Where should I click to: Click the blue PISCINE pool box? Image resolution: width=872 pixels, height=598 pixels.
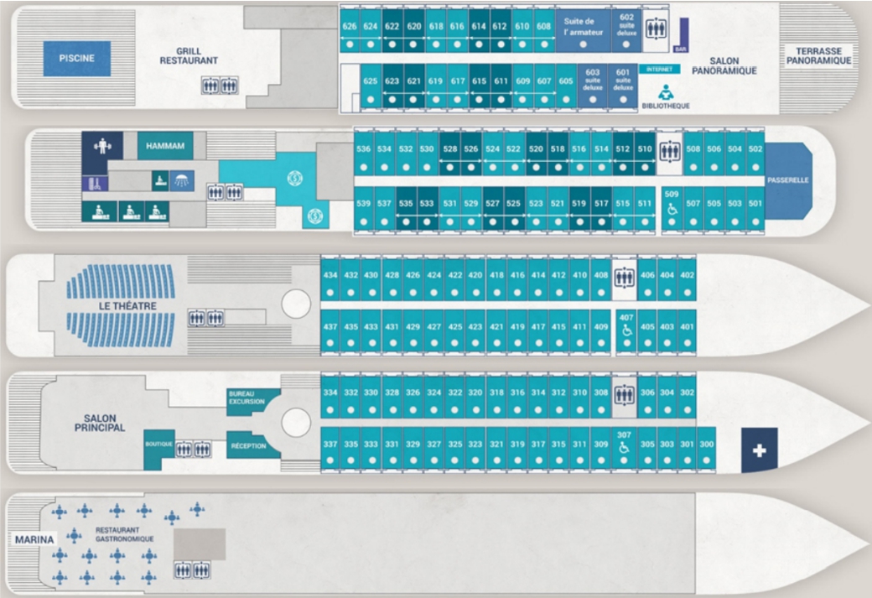tap(77, 59)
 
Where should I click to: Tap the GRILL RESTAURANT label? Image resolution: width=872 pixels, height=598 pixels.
tap(189, 56)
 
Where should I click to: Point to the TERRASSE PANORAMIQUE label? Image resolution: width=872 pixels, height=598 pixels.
tap(817, 56)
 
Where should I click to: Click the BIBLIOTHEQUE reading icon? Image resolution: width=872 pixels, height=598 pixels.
tap(665, 92)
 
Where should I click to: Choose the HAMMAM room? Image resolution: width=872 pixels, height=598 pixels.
tap(164, 145)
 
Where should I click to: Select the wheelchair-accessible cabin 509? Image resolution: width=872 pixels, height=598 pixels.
tap(671, 205)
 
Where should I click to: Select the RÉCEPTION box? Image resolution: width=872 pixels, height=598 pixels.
tap(248, 445)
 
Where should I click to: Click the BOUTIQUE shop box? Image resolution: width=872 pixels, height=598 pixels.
tap(158, 445)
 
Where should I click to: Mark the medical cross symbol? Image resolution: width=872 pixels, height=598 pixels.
tap(760, 450)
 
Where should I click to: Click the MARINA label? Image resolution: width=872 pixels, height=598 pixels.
tap(34, 539)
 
